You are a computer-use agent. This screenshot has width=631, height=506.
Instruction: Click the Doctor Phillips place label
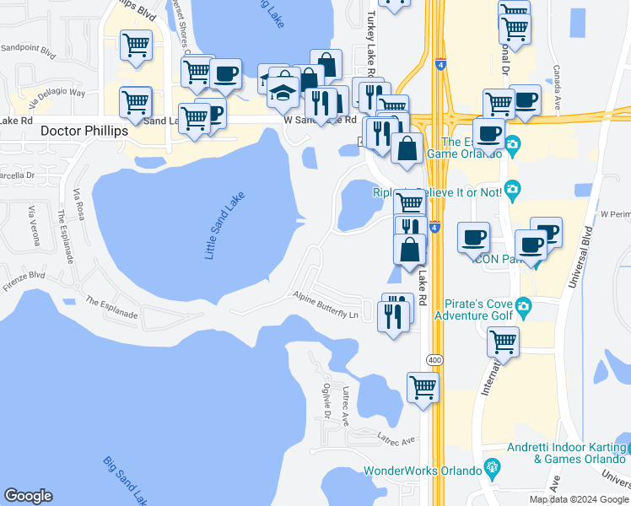[x=84, y=132]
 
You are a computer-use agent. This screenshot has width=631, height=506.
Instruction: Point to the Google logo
[x=29, y=496]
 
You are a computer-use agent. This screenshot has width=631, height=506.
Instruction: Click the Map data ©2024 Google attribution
[x=578, y=499]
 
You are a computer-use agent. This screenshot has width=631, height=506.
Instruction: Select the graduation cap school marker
[x=283, y=90]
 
